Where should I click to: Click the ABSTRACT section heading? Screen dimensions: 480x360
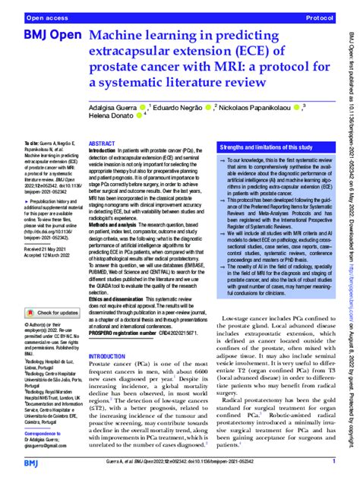point(103,144)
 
